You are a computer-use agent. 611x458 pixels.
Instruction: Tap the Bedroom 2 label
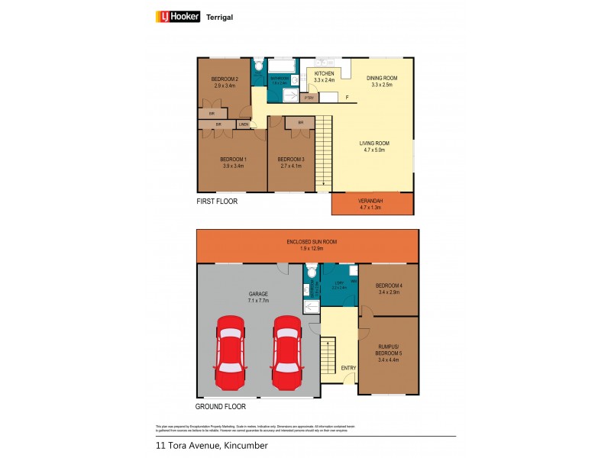(x=225, y=79)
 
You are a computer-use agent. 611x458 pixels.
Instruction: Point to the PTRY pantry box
(x=309, y=98)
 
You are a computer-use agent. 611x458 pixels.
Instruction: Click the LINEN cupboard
(x=244, y=124)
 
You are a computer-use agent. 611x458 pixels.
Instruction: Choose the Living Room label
(x=375, y=144)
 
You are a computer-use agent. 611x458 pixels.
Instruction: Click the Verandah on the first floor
(x=373, y=203)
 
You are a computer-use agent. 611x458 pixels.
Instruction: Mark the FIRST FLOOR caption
(x=217, y=202)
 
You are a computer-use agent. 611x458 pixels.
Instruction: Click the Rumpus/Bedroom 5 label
(x=390, y=352)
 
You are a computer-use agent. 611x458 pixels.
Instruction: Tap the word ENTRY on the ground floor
(x=348, y=368)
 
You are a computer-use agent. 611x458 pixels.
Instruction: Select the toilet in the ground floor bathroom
(x=311, y=273)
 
